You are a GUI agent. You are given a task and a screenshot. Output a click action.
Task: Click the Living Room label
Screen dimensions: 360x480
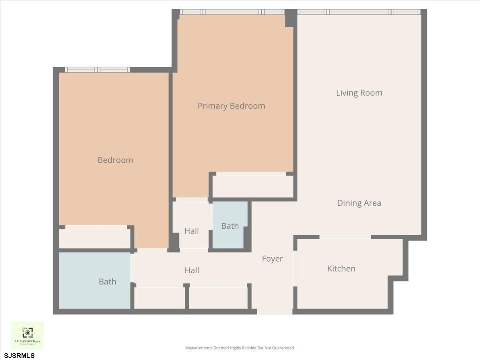pos(359,93)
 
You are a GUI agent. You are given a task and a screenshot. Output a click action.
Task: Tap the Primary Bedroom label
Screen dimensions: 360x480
pos(231,106)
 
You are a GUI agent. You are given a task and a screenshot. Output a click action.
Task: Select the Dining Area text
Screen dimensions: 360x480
pos(359,203)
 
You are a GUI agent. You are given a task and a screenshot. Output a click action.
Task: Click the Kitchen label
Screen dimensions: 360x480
pos(341,268)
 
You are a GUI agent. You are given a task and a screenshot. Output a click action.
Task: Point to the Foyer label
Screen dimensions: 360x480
pos(272,259)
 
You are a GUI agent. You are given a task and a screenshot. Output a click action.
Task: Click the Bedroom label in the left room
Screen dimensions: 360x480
pos(115,160)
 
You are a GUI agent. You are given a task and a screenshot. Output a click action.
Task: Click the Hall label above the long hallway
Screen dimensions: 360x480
pos(192,231)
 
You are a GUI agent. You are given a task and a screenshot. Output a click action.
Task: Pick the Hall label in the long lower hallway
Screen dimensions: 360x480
pos(192,270)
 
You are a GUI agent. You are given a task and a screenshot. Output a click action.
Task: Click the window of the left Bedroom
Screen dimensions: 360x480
pos(98,70)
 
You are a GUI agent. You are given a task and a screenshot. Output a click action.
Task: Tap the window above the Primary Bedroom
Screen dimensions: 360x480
pos(232,12)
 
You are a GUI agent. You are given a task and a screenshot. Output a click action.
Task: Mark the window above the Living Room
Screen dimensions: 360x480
pos(359,12)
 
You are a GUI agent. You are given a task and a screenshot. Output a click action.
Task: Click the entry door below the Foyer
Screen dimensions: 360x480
pos(274,311)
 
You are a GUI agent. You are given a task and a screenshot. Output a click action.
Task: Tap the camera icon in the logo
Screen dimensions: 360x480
pos(27,332)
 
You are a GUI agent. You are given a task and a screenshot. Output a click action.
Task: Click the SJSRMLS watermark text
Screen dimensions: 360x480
pos(19,355)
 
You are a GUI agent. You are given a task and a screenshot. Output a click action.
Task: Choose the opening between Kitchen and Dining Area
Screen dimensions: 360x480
pos(345,237)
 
